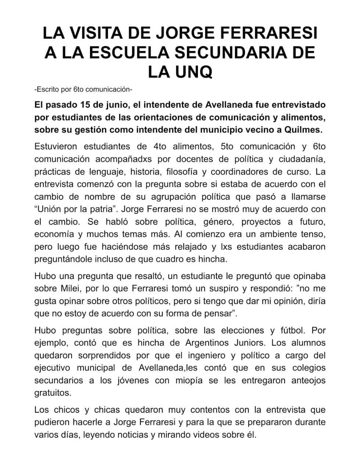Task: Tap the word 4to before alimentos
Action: [158, 147]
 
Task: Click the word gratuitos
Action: [52, 393]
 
